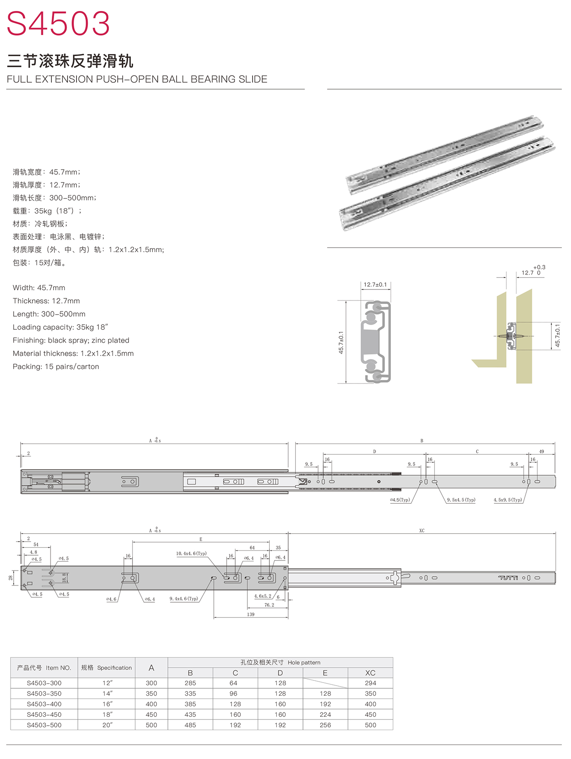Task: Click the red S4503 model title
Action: (x=58, y=23)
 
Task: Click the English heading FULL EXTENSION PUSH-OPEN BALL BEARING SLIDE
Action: (x=137, y=79)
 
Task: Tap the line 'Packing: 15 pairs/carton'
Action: (x=56, y=366)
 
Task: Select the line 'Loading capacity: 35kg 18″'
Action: (x=60, y=327)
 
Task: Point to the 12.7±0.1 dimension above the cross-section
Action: (x=375, y=285)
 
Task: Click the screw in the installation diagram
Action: (x=511, y=336)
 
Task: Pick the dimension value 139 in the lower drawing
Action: (x=250, y=614)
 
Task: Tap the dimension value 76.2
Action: (x=269, y=605)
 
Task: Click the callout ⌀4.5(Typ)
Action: (x=400, y=500)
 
